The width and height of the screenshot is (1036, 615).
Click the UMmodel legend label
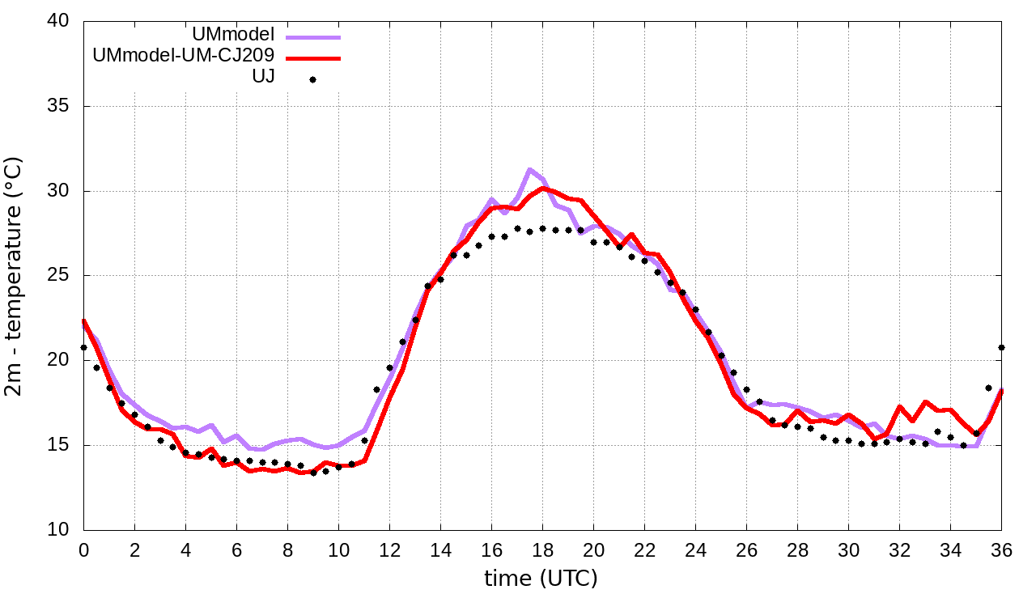(x=234, y=35)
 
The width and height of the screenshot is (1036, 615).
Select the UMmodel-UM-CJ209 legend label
(x=184, y=56)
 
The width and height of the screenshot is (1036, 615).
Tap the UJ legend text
(x=264, y=77)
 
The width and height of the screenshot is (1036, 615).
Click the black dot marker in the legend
(x=312, y=79)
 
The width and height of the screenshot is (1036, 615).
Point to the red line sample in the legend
(x=313, y=58)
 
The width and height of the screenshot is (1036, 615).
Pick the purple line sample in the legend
(x=313, y=37)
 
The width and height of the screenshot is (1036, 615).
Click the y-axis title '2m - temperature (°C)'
(x=15, y=275)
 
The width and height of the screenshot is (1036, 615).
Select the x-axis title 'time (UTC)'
(x=541, y=579)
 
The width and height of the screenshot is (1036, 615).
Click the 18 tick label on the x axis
(x=542, y=550)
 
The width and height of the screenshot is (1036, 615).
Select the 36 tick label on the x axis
(x=1001, y=550)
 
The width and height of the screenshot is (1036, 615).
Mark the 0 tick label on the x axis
(x=83, y=550)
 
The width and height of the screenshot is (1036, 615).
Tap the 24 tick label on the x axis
(x=695, y=550)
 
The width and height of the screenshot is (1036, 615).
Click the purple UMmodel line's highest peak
(x=529, y=170)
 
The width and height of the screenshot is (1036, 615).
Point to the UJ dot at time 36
(x=1001, y=347)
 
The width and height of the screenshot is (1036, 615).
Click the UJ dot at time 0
(x=83, y=347)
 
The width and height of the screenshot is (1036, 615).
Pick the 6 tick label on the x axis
(x=236, y=550)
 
